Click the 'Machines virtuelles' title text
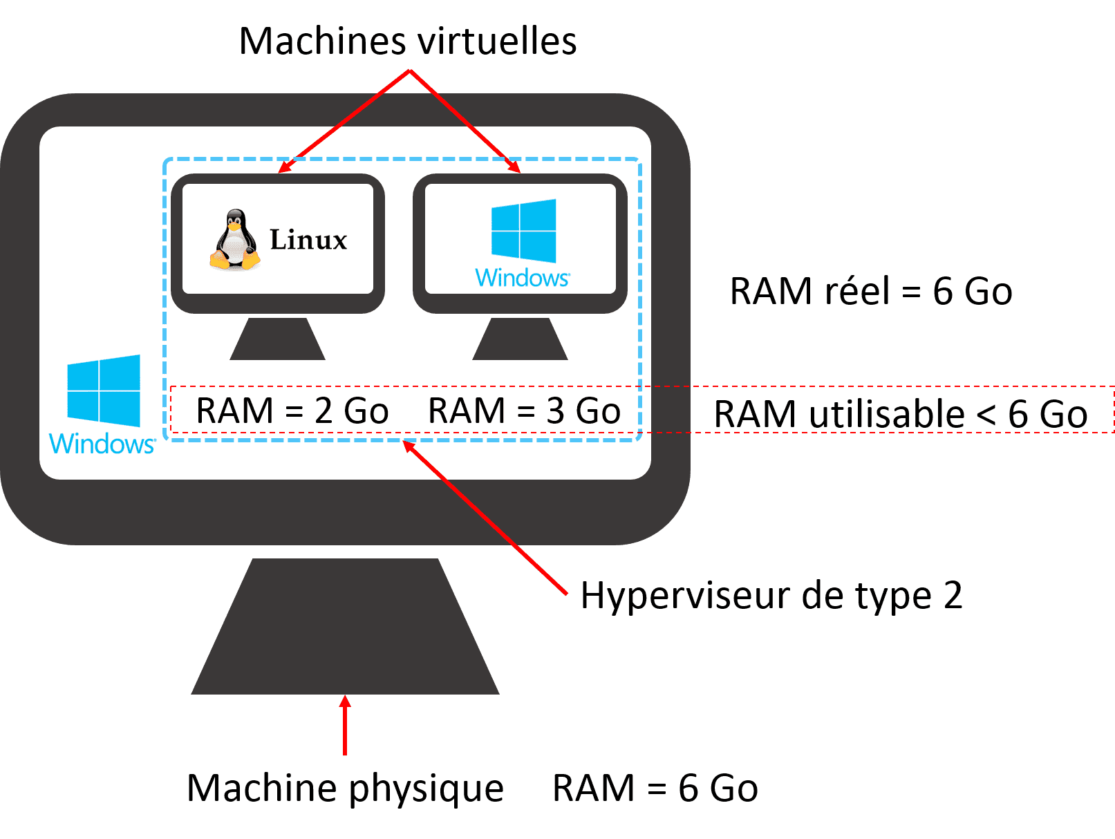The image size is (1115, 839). coord(408,41)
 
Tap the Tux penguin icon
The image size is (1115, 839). coord(235,239)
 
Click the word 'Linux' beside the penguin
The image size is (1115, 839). coord(308,240)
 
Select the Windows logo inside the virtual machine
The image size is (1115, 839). coord(523,231)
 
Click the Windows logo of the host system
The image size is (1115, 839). coord(104,390)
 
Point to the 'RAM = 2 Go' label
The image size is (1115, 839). coord(292,411)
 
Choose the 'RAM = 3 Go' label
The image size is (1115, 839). coord(524,411)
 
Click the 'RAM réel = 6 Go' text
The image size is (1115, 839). coord(871,291)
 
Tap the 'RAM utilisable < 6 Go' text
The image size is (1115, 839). coord(900,414)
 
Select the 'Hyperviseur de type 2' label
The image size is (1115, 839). coord(771,595)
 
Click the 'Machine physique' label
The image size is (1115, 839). coord(346,788)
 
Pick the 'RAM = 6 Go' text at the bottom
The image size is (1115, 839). coord(655,788)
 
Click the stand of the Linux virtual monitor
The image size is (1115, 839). coord(277,339)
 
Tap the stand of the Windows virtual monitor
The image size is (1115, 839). coord(520,339)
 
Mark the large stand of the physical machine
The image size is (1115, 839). coord(345,629)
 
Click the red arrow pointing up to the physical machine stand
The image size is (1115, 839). coord(344,726)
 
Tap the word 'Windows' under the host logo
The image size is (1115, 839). coord(102,444)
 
